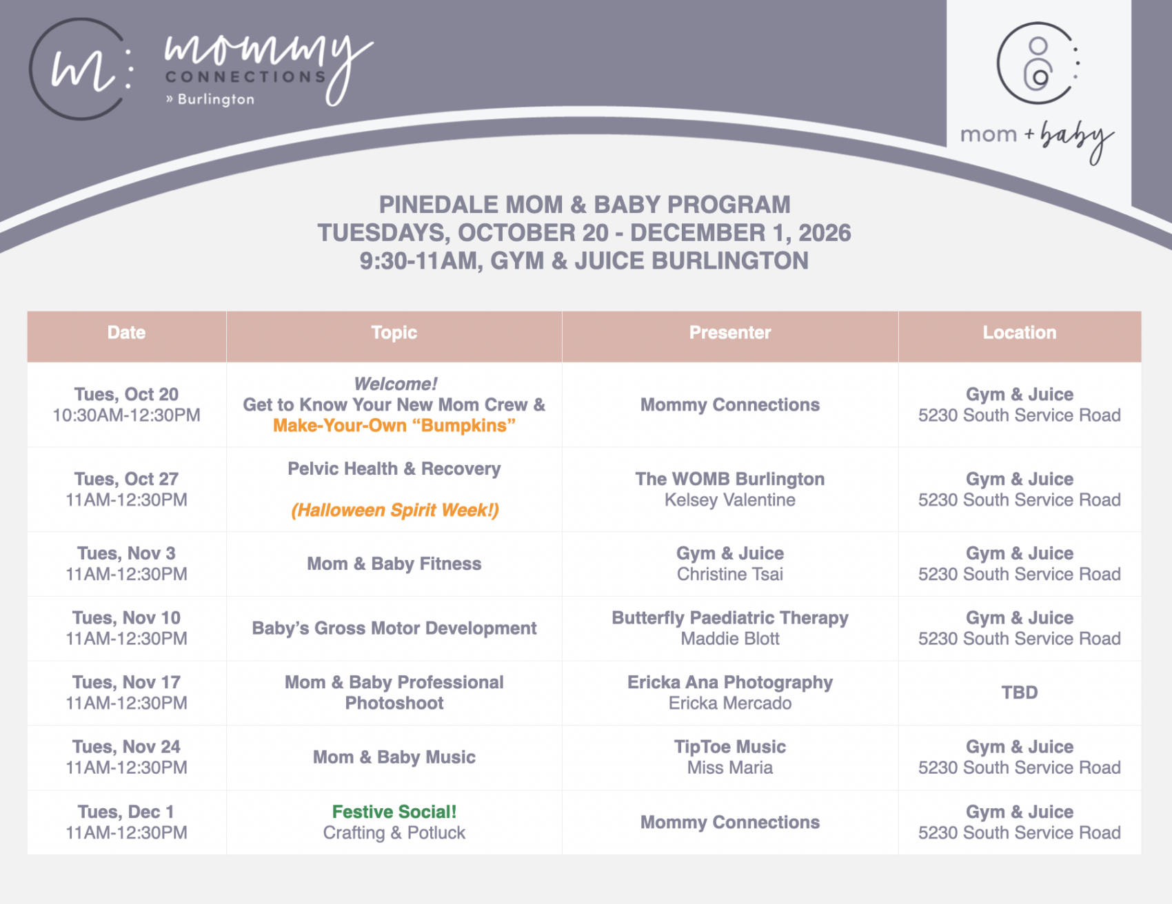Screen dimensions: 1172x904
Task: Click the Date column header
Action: pyautogui.click(x=126, y=333)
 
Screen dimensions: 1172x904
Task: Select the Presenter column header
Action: pyautogui.click(x=730, y=333)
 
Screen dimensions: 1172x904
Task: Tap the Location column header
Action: pyautogui.click(x=1020, y=333)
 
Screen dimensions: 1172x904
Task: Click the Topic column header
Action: pyautogui.click(x=394, y=333)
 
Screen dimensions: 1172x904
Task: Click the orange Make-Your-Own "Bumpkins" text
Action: pyautogui.click(x=394, y=425)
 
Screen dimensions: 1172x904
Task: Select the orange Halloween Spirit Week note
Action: pyautogui.click(x=394, y=510)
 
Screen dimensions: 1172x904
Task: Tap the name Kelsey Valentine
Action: pyautogui.click(x=730, y=500)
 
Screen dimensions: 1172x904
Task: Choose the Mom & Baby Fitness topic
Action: pyautogui.click(x=394, y=564)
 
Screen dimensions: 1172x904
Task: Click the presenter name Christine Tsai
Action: pyautogui.click(x=730, y=574)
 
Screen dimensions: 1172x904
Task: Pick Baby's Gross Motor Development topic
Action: pyautogui.click(x=394, y=628)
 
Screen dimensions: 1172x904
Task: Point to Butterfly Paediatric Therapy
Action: pyautogui.click(x=730, y=618)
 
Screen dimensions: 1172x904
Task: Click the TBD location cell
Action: pyautogui.click(x=1020, y=692)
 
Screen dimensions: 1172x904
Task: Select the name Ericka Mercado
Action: pyautogui.click(x=730, y=703)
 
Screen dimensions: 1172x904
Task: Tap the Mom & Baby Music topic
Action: pyautogui.click(x=394, y=757)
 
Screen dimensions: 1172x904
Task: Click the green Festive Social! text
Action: pyautogui.click(x=394, y=812)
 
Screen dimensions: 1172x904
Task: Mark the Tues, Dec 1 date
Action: pyautogui.click(x=126, y=812)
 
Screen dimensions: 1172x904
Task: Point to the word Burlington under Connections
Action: pyautogui.click(x=216, y=99)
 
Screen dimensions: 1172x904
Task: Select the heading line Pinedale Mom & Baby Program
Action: pyautogui.click(x=585, y=205)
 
